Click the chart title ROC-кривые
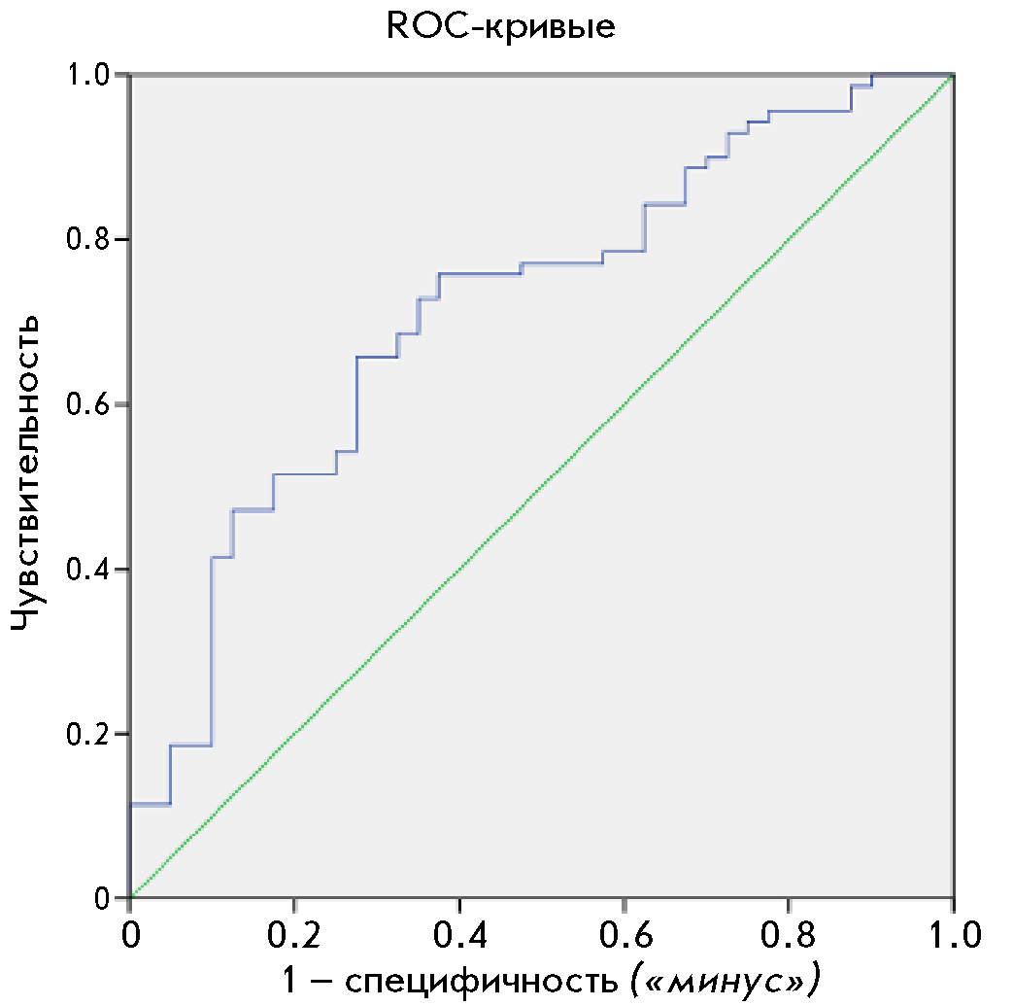500,26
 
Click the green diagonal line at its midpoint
541,487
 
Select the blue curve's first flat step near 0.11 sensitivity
150,805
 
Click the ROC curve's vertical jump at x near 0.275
356,404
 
